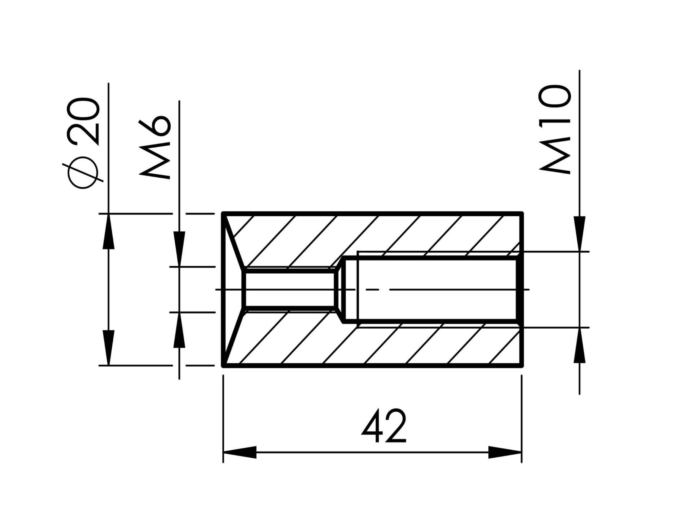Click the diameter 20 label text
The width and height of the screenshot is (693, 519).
[x=83, y=121]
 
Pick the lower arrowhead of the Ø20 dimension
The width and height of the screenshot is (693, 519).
[x=108, y=348]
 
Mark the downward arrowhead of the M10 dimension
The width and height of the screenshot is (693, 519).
[x=579, y=233]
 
